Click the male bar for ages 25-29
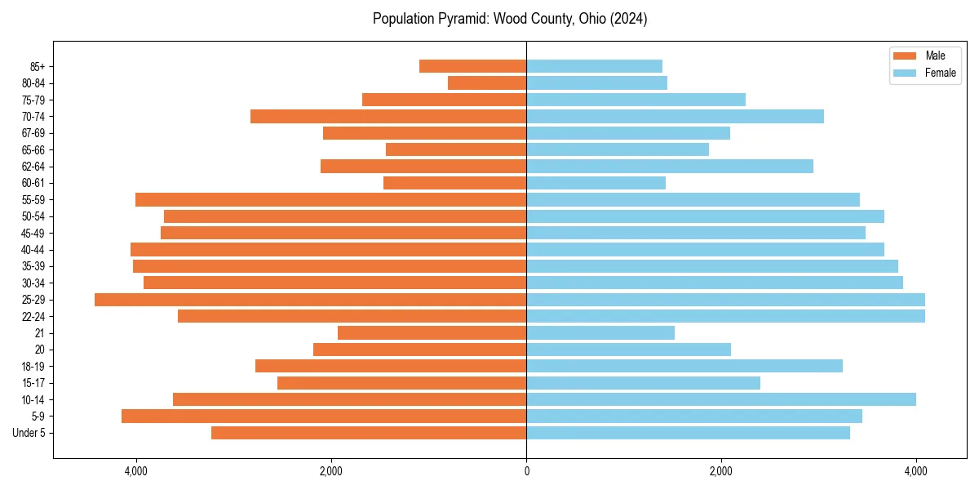tap(310, 300)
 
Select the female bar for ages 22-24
tap(725, 316)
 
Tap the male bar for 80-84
tap(487, 82)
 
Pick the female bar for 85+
tap(594, 66)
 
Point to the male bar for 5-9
tap(324, 416)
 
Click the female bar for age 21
tap(600, 333)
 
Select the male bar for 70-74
tap(388, 116)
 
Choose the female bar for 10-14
tap(721, 399)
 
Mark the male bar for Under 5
tap(369, 433)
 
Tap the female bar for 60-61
tap(596, 183)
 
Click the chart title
tap(510, 19)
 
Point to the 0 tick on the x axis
tap(526, 471)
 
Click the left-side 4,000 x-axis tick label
tap(135, 471)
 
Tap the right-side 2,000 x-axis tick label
tap(720, 471)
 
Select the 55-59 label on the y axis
tap(33, 200)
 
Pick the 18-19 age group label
tap(33, 367)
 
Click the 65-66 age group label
tap(33, 150)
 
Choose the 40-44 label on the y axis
tap(33, 250)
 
